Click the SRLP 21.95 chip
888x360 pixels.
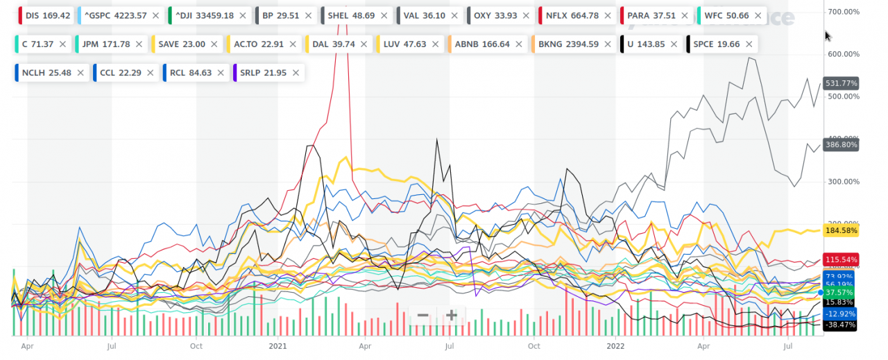263,72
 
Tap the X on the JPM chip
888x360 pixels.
140,44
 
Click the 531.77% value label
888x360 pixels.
840,83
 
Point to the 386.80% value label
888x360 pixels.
840,145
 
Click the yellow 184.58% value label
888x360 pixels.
840,230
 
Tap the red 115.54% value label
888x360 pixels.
840,259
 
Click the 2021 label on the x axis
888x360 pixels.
277,345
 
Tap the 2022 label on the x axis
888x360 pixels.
617,345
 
